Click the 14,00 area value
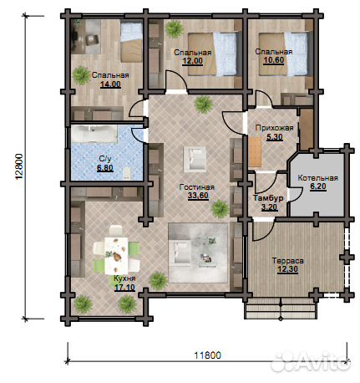point(110,84)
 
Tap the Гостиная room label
point(197,187)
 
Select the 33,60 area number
point(198,196)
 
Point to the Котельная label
point(317,178)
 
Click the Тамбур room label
point(268,198)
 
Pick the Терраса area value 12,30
point(287,269)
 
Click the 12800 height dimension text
point(18,166)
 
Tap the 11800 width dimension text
point(207,355)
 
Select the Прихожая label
point(274,128)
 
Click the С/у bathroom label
point(105,159)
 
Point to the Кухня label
point(124,278)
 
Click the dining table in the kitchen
point(116,255)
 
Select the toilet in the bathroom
point(127,173)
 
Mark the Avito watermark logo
point(311,361)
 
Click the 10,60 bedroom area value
point(274,60)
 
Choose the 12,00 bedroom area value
point(192,61)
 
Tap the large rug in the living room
point(198,253)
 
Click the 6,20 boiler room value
point(318,186)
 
